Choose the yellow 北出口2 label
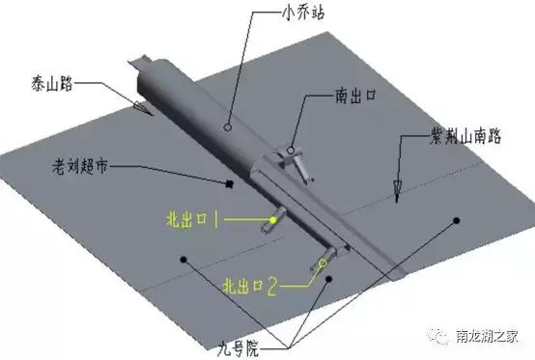250,286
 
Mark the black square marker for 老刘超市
228,182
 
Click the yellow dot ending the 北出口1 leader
274,219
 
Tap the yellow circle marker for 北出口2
323,262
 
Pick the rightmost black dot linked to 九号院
455,220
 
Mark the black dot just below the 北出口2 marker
330,279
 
